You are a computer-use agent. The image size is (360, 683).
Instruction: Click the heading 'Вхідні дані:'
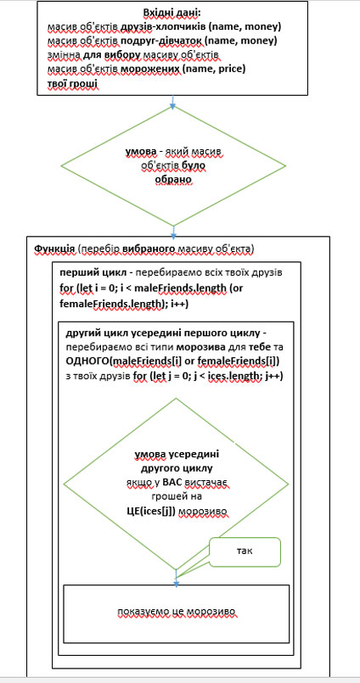pos(172,13)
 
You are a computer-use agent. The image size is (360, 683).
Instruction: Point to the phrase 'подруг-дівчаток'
pos(155,41)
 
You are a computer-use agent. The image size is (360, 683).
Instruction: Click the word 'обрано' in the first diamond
pos(173,180)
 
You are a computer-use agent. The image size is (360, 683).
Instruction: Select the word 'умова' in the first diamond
pos(140,152)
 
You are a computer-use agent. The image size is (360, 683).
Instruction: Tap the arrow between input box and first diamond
pos(172,101)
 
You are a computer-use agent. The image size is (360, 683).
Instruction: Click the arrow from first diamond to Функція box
pos(174,232)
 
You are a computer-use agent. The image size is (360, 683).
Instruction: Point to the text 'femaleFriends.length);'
pos(114,305)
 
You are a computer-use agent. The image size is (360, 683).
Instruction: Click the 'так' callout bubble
pos(245,551)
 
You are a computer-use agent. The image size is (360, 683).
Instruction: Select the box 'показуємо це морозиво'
pos(176,613)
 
